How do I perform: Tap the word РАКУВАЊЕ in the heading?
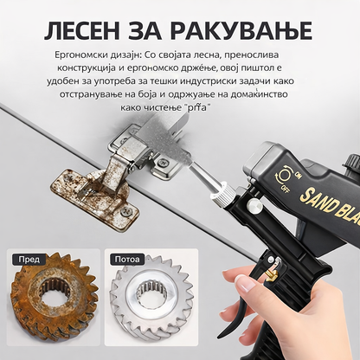(241, 31)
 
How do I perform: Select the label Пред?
(29, 260)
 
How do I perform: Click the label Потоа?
(127, 260)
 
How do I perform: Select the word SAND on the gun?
(317, 199)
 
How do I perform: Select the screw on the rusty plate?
(125, 211)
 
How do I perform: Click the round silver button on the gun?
(254, 205)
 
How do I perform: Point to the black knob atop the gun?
(354, 162)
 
